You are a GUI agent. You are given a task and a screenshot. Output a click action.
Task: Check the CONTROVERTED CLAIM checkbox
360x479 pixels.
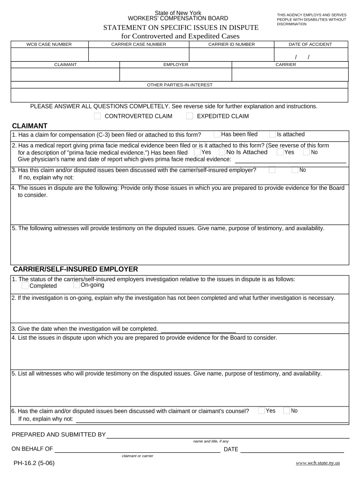pos(97,116)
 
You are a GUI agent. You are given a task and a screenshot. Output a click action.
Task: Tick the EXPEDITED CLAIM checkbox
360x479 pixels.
pos(189,116)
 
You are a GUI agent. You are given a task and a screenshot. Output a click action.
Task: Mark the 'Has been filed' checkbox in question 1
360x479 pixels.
pos(217,135)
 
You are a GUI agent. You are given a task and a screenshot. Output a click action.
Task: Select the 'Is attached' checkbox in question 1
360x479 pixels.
pos(273,135)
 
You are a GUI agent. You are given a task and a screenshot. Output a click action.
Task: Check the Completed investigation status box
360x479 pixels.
pos(25,286)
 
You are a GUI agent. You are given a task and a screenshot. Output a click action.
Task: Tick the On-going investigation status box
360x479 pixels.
pos(77,285)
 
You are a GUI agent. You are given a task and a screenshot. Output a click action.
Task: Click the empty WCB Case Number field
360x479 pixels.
pos(50,55)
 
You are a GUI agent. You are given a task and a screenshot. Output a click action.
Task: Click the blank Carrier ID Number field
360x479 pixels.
pos(231,55)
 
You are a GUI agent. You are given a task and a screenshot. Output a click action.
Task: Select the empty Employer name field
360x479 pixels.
pos(176,75)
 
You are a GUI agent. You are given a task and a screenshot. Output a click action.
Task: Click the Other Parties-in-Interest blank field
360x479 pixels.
pos(180,95)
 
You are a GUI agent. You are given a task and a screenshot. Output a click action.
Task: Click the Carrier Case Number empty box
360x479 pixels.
pos(138,55)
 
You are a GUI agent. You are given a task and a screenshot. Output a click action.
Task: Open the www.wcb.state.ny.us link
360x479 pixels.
pos(318,463)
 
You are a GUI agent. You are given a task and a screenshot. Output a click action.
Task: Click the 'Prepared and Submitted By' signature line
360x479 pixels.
pos(228,435)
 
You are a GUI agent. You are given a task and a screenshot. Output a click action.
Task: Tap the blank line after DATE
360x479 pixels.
pos(292,450)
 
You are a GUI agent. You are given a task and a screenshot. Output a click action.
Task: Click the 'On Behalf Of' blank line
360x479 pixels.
pos(137,450)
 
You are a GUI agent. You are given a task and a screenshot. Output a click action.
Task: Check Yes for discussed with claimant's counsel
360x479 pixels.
pos(261,411)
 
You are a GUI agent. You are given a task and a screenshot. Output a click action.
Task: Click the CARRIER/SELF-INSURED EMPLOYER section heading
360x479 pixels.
pos(75,269)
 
